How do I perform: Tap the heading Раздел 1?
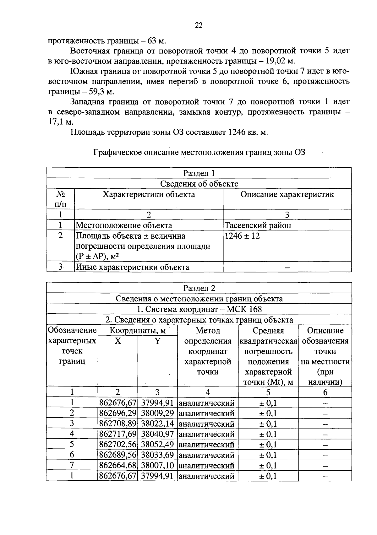coord(199,173)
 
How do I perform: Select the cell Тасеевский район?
coord(258,225)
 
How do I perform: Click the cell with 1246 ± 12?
coord(242,236)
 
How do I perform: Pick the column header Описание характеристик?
coord(287,194)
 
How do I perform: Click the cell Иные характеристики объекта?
coord(133,267)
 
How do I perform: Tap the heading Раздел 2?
coord(199,288)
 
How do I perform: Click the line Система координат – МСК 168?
coord(199,309)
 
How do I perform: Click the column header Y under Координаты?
coord(157,341)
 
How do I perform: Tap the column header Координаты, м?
coord(138,331)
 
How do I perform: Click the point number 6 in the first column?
coord(72,455)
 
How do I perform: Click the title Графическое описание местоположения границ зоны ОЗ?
coord(199,153)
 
